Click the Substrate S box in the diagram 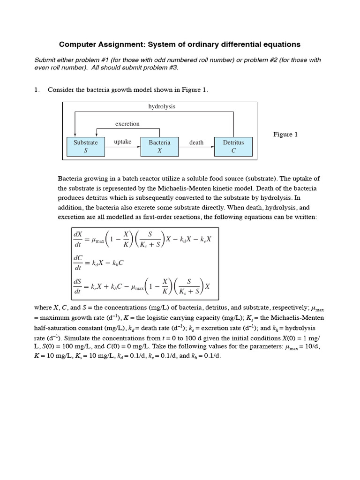[x=86, y=146]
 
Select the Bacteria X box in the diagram [x=159, y=146]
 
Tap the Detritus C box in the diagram [x=233, y=146]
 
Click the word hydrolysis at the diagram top [x=161, y=106]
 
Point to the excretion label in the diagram [x=127, y=124]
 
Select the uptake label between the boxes [x=122, y=142]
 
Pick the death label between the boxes [x=196, y=142]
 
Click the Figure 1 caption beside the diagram [x=285, y=135]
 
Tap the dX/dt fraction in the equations [x=78, y=240]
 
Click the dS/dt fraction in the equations [x=78, y=286]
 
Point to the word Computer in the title [x=78, y=45]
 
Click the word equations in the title [x=279, y=45]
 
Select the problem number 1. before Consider [x=37, y=90]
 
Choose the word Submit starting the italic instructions [x=45, y=60]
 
